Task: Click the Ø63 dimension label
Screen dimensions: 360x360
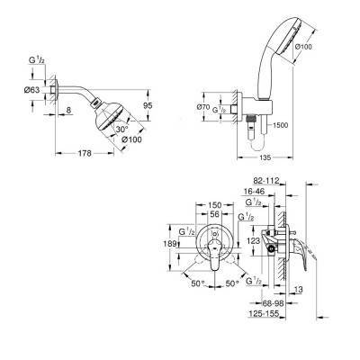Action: point(32,89)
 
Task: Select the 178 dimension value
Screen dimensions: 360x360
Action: point(85,153)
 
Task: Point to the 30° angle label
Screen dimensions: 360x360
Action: point(122,130)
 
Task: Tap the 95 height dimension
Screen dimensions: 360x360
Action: point(148,105)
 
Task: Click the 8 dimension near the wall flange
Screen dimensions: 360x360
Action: point(68,110)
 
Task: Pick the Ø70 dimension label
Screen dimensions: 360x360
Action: point(202,106)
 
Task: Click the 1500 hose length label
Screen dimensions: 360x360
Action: point(281,125)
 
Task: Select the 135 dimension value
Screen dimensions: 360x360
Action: point(265,157)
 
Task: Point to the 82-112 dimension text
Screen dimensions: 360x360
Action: point(266,181)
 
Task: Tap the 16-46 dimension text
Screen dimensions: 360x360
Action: point(254,192)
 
